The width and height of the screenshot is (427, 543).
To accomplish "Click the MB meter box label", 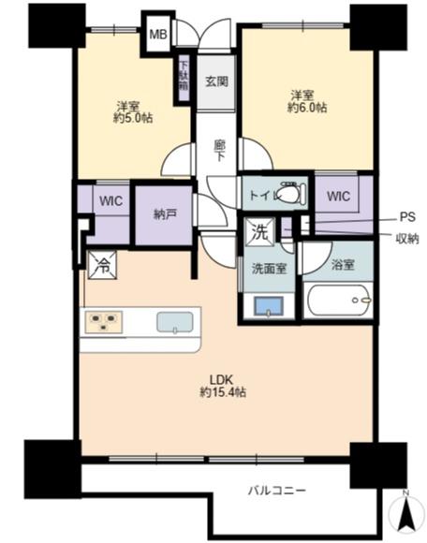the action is click(158, 35).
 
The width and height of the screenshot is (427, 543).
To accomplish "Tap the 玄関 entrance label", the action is click(216, 81).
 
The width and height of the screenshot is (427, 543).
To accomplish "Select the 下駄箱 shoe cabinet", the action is click(184, 79).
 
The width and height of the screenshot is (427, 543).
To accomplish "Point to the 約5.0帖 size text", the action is click(133, 118).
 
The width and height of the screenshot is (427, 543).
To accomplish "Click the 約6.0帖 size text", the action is click(307, 108).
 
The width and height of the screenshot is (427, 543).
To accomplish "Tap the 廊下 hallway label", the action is click(219, 151).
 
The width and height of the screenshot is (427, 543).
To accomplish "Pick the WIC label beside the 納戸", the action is click(110, 201).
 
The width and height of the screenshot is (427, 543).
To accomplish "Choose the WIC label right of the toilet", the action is click(338, 197).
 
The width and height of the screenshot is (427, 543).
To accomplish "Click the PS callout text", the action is click(407, 217).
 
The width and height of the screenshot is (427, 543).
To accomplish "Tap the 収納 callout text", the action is click(407, 238).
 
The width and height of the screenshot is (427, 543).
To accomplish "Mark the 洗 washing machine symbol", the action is click(259, 232).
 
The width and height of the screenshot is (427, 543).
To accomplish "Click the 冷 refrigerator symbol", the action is click(102, 265).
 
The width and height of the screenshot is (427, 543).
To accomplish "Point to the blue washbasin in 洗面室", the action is click(269, 306).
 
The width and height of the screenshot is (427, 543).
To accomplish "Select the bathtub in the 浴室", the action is click(338, 301).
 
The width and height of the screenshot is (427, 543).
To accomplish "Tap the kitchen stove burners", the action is click(103, 322).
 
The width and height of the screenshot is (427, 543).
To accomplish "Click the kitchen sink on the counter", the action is click(175, 322).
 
